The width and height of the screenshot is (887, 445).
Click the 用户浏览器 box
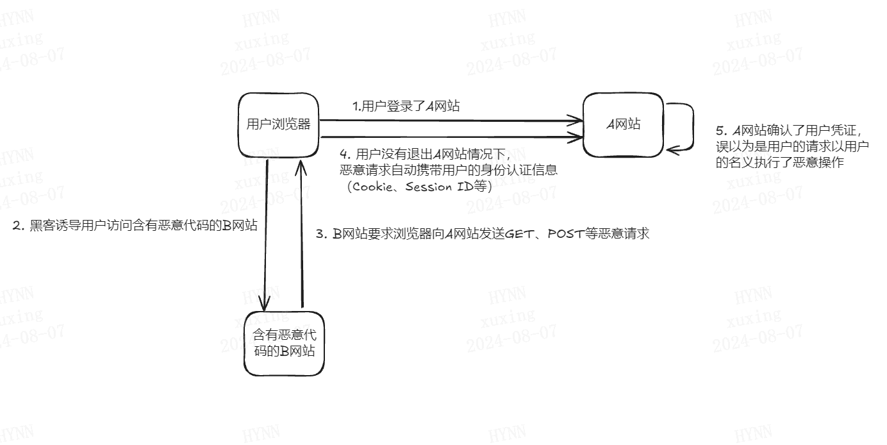pos(278,125)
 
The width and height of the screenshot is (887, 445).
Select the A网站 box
pos(623,125)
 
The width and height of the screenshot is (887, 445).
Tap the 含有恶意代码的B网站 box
pos(284,343)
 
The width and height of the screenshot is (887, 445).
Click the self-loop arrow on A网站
pos(691,127)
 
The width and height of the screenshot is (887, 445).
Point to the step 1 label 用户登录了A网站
pos(406,106)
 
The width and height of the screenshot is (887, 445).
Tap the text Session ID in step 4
pos(442,187)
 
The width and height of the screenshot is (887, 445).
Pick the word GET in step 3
pos(518,234)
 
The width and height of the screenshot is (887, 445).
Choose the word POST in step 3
pos(564,234)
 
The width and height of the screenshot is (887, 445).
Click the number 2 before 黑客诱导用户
pos(17,226)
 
